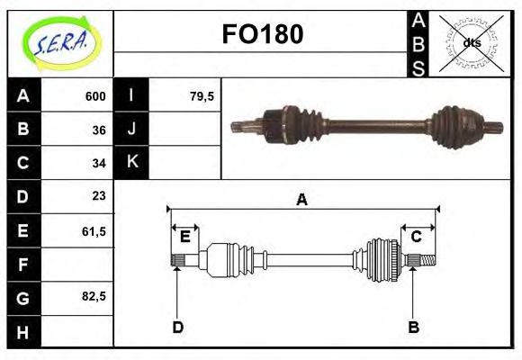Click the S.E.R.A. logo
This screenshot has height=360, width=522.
[60, 42]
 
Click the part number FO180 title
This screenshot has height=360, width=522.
[262, 34]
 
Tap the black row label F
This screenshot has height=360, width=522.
[23, 264]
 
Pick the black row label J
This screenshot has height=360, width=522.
[132, 130]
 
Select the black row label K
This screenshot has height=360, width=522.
[132, 163]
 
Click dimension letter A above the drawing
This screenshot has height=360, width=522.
[301, 200]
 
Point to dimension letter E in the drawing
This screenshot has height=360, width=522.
[185, 237]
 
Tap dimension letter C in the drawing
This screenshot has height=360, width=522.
[417, 237]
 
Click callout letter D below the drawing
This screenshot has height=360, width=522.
[177, 327]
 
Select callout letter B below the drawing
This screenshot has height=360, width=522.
[413, 327]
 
